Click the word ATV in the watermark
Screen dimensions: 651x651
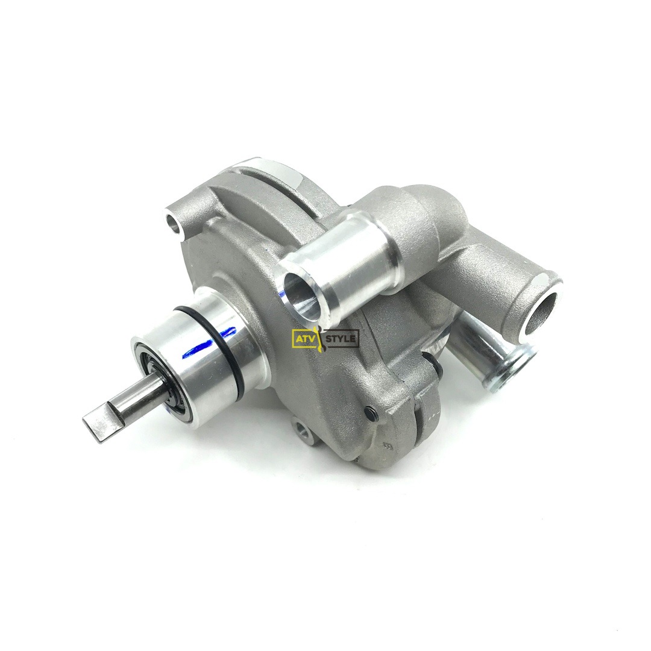point(304,339)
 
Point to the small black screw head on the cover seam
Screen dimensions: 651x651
point(368,412)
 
